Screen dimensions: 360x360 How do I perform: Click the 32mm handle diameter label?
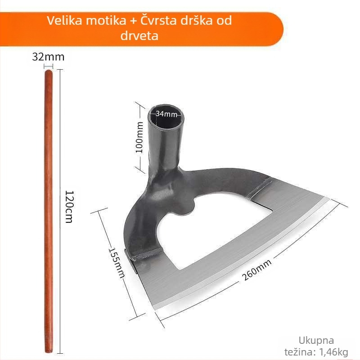pos(48,57)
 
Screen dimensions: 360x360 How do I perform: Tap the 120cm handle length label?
pos(69,207)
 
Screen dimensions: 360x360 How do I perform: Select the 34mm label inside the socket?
pos(166,114)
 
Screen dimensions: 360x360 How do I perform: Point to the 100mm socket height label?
pos(139,137)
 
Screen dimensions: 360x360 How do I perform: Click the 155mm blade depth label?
pos(117,263)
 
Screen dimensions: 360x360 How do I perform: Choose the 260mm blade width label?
pos(256,269)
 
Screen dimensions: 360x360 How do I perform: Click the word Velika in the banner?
pos(64,20)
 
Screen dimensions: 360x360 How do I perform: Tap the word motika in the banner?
pos(106,20)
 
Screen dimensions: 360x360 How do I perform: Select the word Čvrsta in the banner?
pos(158,20)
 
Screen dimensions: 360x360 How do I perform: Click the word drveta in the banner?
pos(139,36)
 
